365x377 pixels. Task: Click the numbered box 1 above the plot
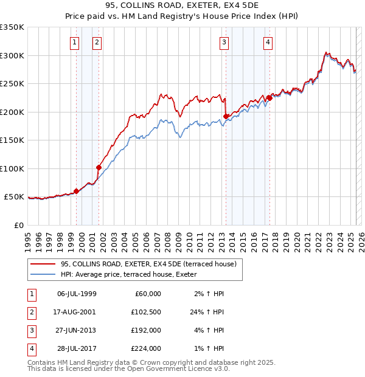[74, 42]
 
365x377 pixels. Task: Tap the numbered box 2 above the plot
[97, 42]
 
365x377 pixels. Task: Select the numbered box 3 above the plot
[224, 42]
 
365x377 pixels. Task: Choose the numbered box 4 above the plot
[268, 42]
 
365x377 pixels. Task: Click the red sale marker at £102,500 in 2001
[99, 167]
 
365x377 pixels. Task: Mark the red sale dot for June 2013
[226, 116]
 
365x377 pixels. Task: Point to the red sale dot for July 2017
[269, 98]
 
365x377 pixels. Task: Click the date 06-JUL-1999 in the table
[76, 294]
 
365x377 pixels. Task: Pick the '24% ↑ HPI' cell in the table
[207, 312]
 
